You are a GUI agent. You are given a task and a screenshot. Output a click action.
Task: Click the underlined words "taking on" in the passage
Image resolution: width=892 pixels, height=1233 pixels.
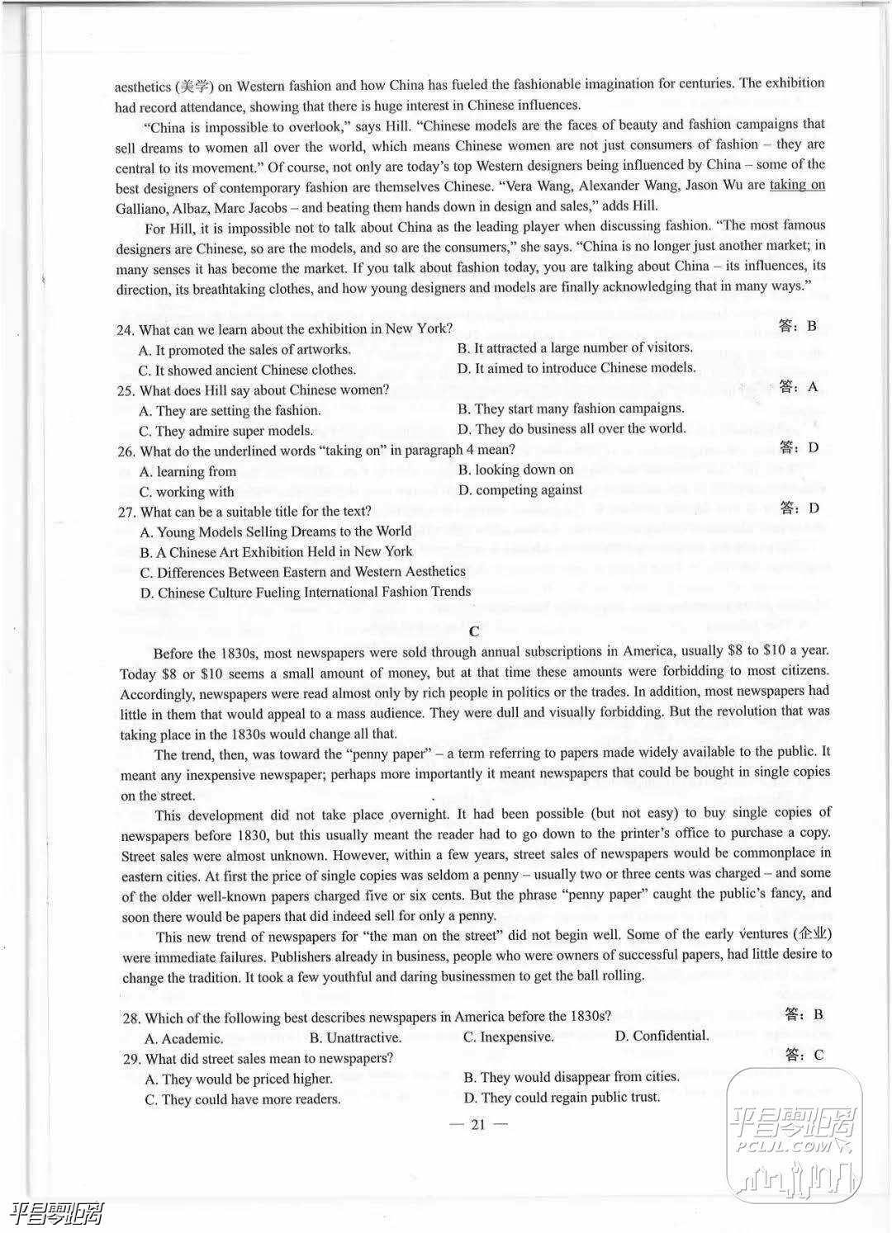pos(797,185)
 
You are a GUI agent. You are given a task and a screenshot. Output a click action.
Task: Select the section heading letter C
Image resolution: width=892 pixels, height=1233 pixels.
pos(473,632)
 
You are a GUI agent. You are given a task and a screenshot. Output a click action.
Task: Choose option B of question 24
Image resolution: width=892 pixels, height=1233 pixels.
pos(575,348)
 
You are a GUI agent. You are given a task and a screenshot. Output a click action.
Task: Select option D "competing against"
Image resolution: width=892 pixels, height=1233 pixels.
pos(520,490)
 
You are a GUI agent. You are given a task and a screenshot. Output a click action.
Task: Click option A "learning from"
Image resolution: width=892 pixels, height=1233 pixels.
pos(188,471)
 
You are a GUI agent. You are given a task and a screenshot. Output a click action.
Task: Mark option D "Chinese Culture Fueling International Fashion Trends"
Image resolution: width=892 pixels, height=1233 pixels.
pos(306,592)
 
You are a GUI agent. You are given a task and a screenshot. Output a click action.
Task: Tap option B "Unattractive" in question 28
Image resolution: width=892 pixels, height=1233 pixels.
pos(355,1037)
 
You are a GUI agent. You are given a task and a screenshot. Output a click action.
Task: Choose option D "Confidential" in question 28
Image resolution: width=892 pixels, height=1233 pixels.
pos(662,1036)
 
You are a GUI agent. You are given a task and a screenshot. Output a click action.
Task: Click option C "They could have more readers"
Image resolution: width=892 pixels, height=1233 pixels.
pos(242,1099)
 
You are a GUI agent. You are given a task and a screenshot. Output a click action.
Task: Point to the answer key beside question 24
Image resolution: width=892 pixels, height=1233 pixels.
pos(797,326)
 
